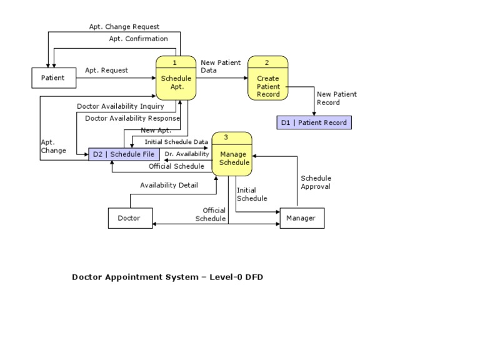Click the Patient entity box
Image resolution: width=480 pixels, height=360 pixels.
pos(53,78)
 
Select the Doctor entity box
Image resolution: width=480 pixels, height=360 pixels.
pos(129,218)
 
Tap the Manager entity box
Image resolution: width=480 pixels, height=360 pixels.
pos(302,218)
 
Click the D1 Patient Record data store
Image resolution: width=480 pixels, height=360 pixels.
pos(314,122)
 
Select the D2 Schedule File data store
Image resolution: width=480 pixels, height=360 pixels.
pos(124,154)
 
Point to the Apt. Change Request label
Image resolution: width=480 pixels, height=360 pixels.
pos(124,27)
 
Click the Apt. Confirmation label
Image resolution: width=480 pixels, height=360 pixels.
pos(138,39)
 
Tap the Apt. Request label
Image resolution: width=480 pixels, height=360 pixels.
pos(106,71)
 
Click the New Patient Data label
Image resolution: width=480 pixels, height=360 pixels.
pos(220,66)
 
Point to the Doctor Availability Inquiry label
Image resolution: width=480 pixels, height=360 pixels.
pos(121,106)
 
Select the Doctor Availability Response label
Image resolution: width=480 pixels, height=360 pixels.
pos(132,118)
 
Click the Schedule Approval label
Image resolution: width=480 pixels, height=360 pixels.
pos(316,182)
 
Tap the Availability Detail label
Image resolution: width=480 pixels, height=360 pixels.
pos(169,185)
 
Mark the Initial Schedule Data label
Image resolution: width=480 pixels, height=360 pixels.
pos(176,142)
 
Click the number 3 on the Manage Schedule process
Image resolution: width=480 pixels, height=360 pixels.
pos(226,137)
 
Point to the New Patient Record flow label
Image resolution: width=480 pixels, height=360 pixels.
pos(337,98)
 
